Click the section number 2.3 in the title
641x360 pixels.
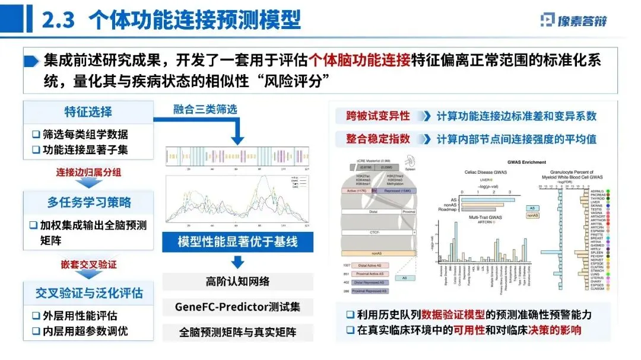pos(58,21)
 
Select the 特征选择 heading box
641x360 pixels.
pos(88,111)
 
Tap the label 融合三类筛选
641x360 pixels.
pos(205,109)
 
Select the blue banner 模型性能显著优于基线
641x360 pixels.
pos(237,242)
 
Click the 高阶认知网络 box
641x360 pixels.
pos(237,281)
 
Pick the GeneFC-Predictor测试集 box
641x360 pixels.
pos(237,307)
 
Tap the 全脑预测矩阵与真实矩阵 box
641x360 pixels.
pos(237,332)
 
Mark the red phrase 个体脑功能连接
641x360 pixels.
pos(360,60)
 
